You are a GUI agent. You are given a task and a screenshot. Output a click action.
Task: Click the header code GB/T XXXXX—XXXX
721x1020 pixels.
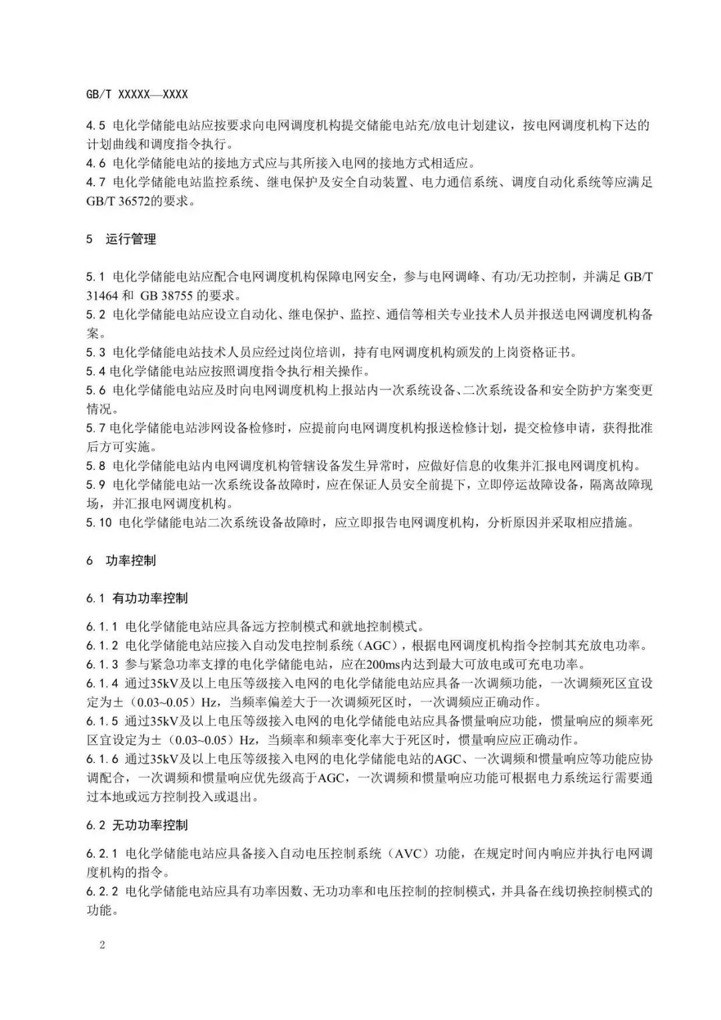click(137, 96)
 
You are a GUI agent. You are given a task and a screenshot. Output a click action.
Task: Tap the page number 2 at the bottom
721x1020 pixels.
click(102, 945)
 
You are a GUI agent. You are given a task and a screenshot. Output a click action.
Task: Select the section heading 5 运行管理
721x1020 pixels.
click(121, 238)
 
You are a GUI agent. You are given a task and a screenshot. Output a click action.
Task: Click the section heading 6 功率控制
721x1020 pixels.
click(121, 560)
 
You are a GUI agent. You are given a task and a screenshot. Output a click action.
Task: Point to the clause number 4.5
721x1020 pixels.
click(96, 125)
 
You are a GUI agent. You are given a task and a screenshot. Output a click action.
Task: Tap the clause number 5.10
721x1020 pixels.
click(99, 522)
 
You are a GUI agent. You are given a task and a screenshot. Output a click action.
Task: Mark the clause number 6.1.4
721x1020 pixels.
click(102, 683)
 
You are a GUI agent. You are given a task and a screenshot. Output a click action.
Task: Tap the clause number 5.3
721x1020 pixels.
click(96, 352)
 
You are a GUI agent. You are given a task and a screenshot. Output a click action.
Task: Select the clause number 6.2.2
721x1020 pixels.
click(102, 891)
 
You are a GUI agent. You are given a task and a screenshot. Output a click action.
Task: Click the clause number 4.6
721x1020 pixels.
click(96, 163)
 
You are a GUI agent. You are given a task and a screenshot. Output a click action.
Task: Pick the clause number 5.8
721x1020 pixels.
click(96, 466)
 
